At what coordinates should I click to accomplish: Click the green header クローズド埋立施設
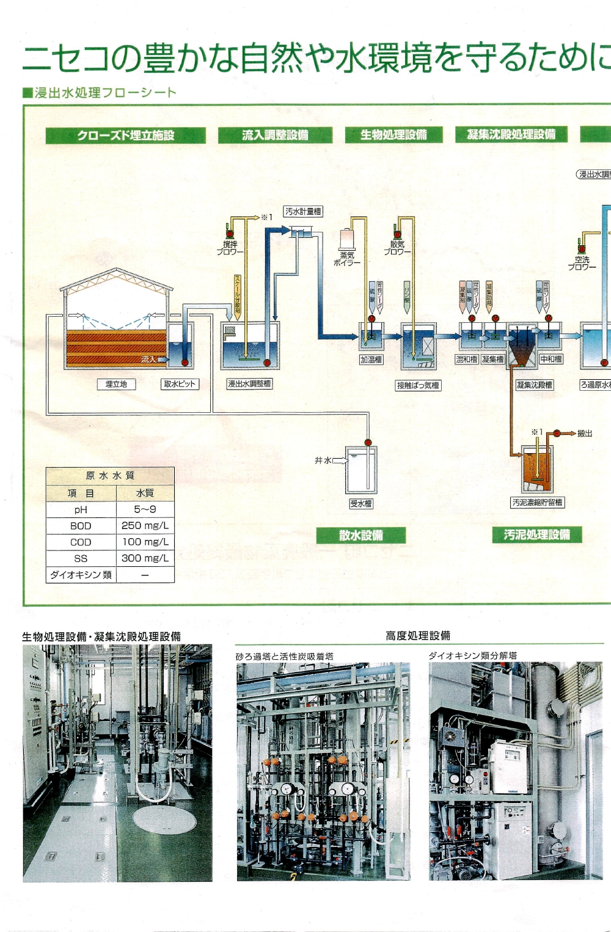coord(125,135)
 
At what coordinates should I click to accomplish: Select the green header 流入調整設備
coord(275,135)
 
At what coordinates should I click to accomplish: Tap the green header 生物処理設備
coord(393,135)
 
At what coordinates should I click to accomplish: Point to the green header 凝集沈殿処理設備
coord(511,134)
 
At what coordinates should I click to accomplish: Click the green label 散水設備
coord(360,535)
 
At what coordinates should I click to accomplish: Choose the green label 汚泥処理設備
coord(536,534)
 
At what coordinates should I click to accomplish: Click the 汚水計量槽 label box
coord(303,212)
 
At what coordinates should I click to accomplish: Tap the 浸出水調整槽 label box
coord(249,384)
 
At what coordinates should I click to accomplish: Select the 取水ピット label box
coord(180,384)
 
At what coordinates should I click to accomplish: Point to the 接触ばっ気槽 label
coord(418,385)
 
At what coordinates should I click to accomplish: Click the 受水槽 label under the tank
coord(360,503)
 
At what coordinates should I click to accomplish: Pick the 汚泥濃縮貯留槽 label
coord(538,503)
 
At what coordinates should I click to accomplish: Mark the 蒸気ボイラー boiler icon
coord(347,239)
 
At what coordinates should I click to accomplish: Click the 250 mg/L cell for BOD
coord(145,525)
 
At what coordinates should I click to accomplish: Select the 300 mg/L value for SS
coord(145,558)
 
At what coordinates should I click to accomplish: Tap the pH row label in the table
coord(81,509)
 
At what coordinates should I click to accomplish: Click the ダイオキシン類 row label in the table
coord(81,575)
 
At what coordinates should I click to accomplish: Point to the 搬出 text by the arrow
coord(585,434)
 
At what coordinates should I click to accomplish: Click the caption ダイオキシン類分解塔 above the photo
coord(472,656)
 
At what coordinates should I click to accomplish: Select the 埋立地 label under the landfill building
coord(116,384)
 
